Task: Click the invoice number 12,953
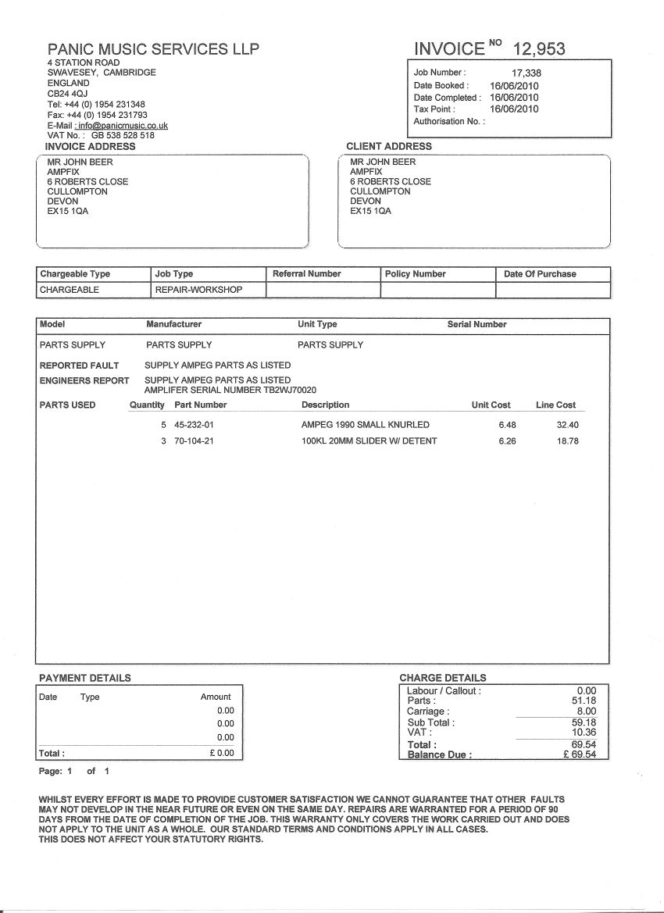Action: point(538,48)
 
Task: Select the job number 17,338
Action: point(527,73)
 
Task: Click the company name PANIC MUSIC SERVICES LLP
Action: point(153,49)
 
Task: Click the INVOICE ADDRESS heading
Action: point(90,146)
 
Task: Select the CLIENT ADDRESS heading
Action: point(388,146)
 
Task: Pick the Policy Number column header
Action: point(415,274)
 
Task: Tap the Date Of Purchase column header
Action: point(540,274)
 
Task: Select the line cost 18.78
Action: point(567,441)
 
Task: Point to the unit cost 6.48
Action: point(508,425)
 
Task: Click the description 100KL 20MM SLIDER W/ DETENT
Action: point(369,441)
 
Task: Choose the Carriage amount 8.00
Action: point(586,711)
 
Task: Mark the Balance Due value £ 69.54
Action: point(579,754)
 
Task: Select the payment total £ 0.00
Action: point(222,753)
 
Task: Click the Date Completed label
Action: point(447,98)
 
